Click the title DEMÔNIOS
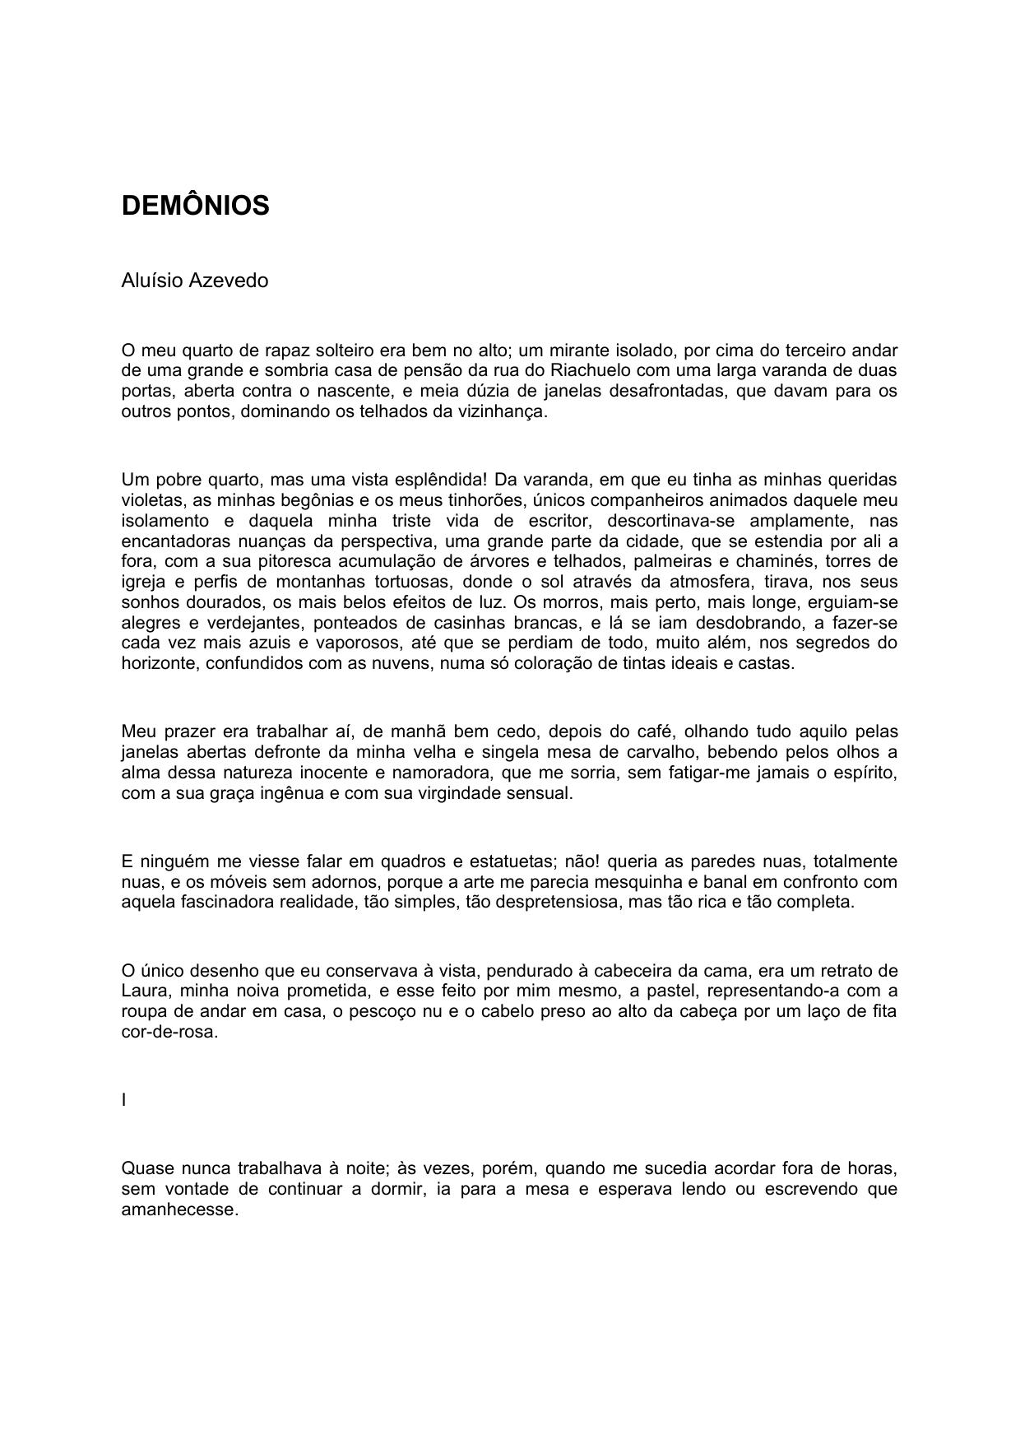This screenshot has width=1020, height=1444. (x=195, y=206)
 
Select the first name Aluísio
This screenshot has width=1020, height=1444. (x=152, y=281)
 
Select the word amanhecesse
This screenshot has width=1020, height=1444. (x=179, y=1210)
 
